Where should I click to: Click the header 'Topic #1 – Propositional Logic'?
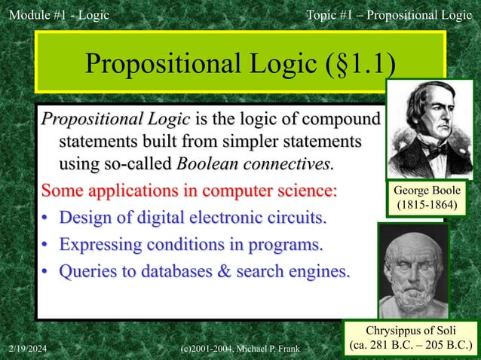(388, 14)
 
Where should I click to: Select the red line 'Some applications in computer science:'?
(189, 190)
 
